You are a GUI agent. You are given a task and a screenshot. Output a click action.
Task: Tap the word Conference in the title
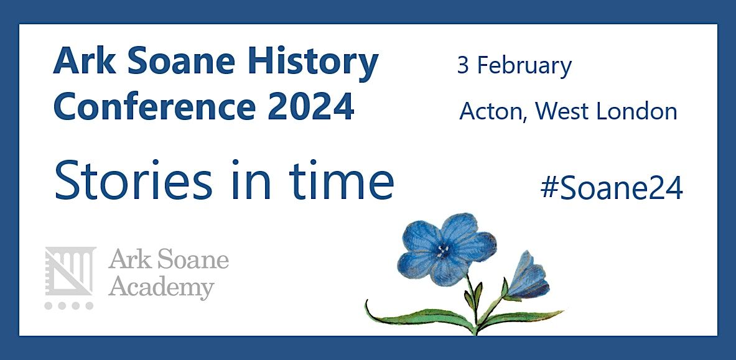click(154, 106)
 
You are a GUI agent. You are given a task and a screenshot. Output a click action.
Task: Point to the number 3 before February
click(463, 65)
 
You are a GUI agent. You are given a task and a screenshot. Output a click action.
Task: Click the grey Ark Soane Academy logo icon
click(70, 271)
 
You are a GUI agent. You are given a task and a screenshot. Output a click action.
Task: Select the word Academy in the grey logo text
click(161, 288)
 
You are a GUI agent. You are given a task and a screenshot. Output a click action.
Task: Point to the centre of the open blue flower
click(443, 250)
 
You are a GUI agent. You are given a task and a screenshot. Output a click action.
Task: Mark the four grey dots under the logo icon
click(69, 306)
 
